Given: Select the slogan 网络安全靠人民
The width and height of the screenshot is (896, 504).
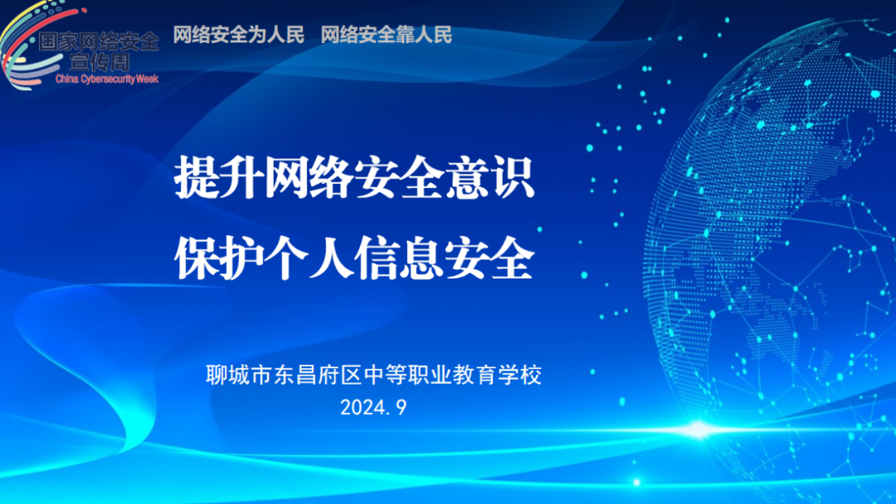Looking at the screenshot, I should pos(387,35).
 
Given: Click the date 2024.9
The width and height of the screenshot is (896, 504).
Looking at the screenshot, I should pos(373,407).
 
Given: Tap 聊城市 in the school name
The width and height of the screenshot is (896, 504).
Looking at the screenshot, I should pos(239,376).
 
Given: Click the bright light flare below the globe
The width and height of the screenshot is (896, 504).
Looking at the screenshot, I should pos(697,429).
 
